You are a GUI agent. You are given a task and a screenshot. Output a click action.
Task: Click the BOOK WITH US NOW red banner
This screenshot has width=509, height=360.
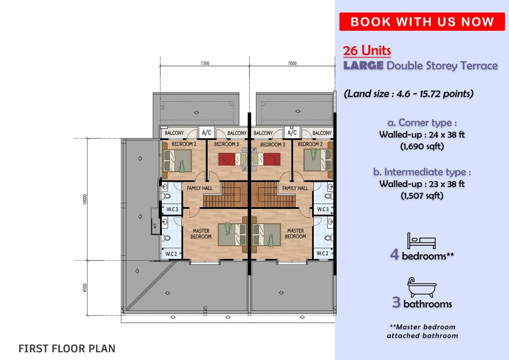[x=422, y=22]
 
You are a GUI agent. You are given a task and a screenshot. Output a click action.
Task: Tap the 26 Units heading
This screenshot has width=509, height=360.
[x=367, y=51]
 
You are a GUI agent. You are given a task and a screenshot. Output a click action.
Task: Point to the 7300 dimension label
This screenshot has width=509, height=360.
[x=205, y=63]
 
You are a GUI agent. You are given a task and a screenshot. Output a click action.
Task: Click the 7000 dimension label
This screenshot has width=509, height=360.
[x=292, y=63]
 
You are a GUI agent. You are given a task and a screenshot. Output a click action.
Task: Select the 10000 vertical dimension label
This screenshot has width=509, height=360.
[x=85, y=199]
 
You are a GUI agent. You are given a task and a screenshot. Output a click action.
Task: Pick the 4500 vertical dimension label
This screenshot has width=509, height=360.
[x=85, y=288]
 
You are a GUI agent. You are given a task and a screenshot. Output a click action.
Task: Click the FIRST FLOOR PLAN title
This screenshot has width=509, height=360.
[x=67, y=349]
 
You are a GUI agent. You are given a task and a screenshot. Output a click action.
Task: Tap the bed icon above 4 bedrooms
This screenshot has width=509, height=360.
[x=422, y=241]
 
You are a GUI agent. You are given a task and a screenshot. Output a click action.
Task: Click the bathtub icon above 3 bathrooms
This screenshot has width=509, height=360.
[x=422, y=287]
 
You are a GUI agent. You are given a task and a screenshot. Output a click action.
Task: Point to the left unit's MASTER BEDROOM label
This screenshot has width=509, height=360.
[x=201, y=233]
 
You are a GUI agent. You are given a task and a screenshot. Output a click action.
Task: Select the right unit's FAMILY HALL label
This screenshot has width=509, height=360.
[x=295, y=188]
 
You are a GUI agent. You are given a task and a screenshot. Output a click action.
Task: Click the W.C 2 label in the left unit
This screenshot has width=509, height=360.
[x=171, y=253]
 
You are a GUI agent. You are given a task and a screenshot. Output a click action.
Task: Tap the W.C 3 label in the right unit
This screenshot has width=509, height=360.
[x=323, y=209]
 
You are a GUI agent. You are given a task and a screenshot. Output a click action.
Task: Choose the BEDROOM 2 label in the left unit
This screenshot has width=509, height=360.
[x=184, y=144]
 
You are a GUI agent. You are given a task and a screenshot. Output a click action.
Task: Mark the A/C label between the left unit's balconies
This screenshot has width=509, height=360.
[x=207, y=132]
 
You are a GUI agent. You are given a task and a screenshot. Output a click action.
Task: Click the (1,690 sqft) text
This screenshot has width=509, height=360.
[x=422, y=146]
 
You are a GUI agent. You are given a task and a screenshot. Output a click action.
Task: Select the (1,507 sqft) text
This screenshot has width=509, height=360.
[x=422, y=196]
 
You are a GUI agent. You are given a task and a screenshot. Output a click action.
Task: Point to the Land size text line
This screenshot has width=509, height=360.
[x=408, y=94]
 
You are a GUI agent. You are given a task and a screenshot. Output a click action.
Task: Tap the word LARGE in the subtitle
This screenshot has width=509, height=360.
[x=364, y=65]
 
